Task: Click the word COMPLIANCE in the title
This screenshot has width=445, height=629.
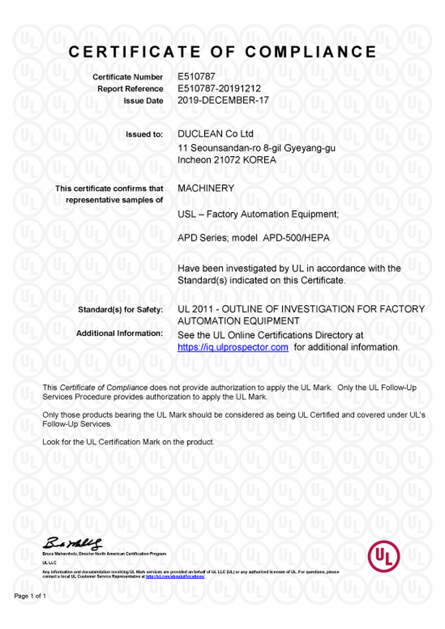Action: coord(310,52)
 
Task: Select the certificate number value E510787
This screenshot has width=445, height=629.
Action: coord(192,77)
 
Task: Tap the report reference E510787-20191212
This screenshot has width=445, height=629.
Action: coord(219,88)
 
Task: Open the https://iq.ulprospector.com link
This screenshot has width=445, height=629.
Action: coord(233,347)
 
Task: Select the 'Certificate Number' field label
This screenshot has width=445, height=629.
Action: coord(127,77)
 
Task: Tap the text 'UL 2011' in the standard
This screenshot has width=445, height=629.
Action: coord(192,309)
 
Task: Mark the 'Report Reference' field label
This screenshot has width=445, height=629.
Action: coord(130,89)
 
